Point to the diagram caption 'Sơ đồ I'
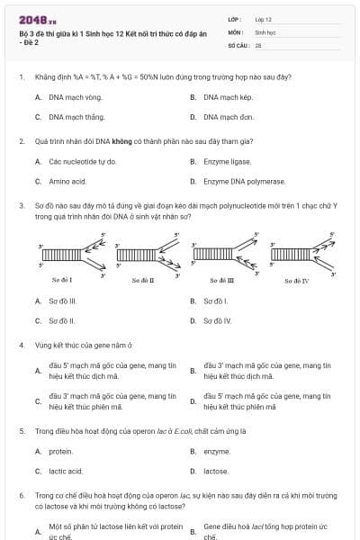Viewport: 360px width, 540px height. pyautogui.click(x=61, y=281)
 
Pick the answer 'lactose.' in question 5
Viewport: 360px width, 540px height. pyautogui.click(x=216, y=471)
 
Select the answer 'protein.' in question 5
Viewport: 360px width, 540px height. pyautogui.click(x=61, y=451)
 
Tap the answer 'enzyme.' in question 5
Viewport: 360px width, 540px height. pyautogui.click(x=217, y=451)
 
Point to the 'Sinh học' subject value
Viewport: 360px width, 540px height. pyautogui.click(x=265, y=31)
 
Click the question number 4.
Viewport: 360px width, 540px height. pyautogui.click(x=22, y=345)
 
